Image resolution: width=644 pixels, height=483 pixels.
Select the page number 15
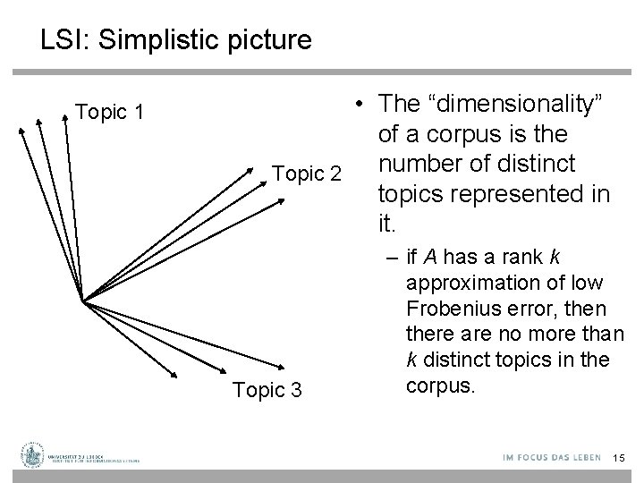(616, 458)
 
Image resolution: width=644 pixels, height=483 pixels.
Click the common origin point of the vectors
(83, 301)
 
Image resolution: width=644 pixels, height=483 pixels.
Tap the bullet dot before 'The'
(357, 105)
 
